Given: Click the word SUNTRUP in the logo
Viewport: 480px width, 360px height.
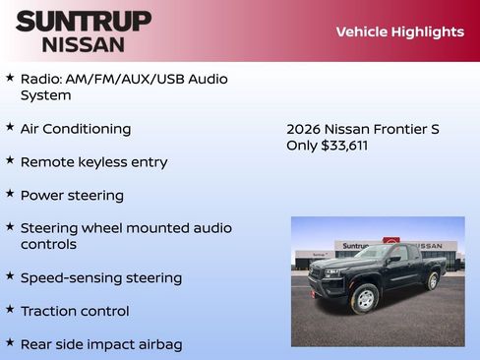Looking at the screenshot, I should [x=84, y=21].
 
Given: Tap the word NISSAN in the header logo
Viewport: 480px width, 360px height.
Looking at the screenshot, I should [x=83, y=44].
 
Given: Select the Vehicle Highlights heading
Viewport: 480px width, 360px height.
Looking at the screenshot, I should [x=399, y=31].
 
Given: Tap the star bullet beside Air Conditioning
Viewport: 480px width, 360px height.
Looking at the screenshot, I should [x=10, y=128].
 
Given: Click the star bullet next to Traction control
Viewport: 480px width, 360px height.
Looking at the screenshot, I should [x=10, y=310].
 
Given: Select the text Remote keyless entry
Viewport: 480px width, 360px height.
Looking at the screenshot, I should [x=93, y=162].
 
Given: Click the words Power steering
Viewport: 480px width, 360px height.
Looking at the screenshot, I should [x=72, y=196].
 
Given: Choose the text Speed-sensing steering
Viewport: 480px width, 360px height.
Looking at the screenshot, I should [x=100, y=278].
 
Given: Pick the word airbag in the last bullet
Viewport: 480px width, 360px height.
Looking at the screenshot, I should [x=158, y=344].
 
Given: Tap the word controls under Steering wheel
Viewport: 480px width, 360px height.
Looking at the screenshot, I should [x=48, y=244].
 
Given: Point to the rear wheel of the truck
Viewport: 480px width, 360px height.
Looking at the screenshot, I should [x=432, y=281].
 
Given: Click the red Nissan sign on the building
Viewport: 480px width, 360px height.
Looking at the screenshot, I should [x=391, y=243].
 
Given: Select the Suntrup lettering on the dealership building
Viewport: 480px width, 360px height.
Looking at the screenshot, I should [x=355, y=245].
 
